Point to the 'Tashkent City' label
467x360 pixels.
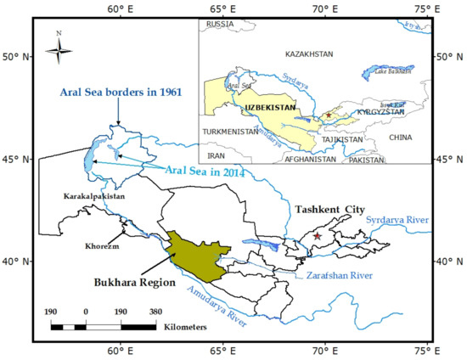click(x=327, y=208)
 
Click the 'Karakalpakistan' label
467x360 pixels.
click(x=94, y=196)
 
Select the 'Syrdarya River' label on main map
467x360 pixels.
click(x=398, y=221)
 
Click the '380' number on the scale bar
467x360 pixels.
click(x=156, y=312)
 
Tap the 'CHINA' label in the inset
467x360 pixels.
click(x=399, y=137)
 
